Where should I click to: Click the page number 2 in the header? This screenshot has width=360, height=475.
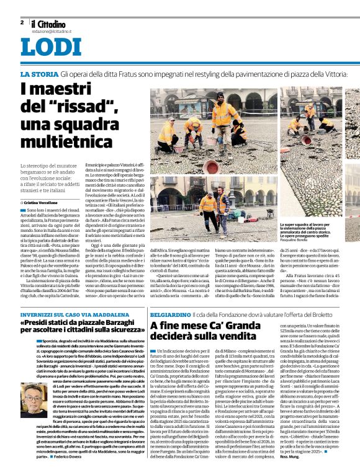pos(22,22)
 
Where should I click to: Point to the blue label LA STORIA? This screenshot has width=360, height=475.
pos(39,74)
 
